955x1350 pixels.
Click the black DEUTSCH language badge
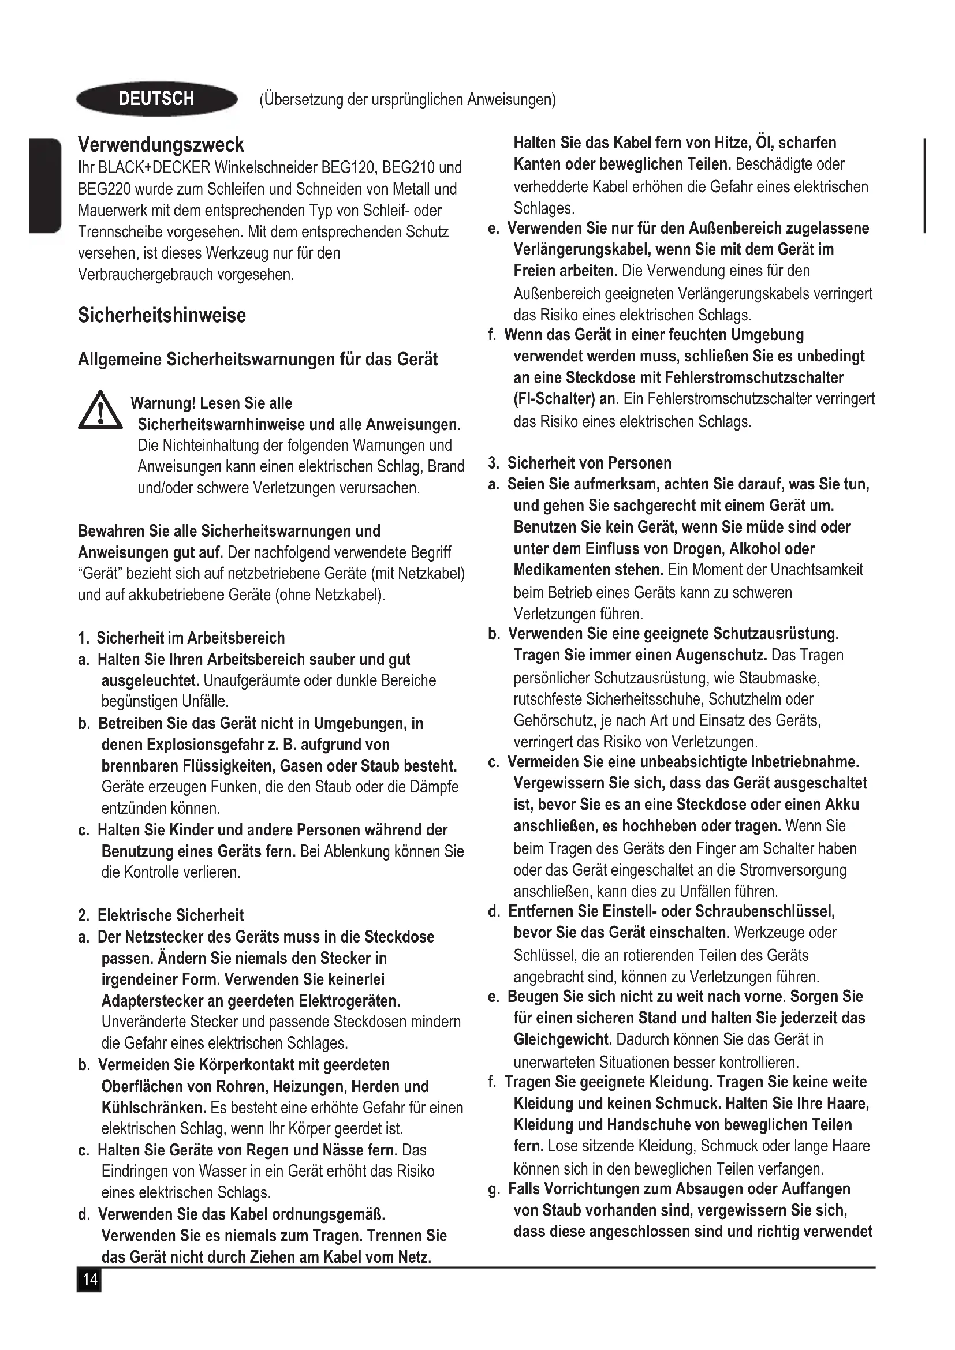point(156,99)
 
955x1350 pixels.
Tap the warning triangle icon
point(100,411)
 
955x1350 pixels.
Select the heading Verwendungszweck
point(161,145)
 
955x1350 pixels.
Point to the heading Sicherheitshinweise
point(162,315)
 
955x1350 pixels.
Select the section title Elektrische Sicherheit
point(170,915)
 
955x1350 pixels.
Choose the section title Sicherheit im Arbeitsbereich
point(190,638)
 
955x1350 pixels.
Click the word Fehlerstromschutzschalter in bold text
point(755,377)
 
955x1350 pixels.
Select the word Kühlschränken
point(154,1108)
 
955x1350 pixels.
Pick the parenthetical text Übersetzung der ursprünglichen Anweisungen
point(407,99)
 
